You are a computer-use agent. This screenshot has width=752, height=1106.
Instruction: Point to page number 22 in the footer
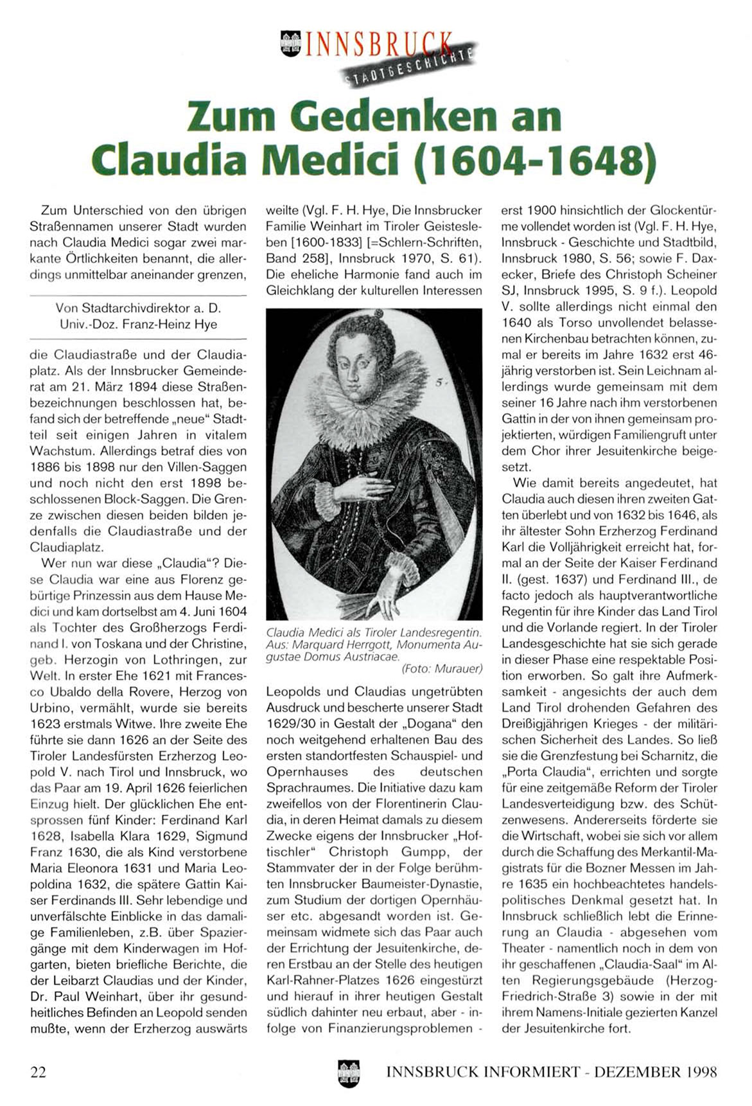point(39,1071)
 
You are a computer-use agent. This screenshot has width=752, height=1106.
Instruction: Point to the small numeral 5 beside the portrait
point(439,383)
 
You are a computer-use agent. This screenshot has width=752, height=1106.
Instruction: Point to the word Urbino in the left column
point(49,708)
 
